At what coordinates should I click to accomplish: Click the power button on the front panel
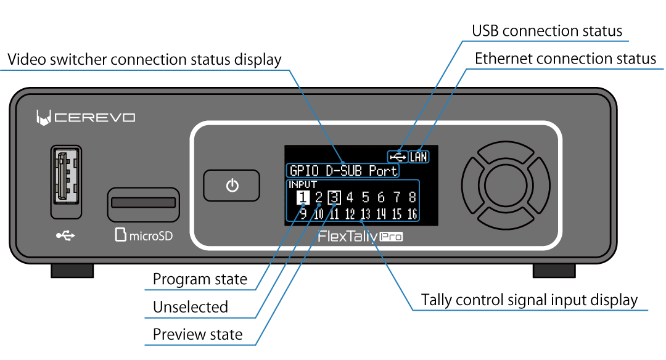coord(232,186)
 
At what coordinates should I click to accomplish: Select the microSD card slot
coord(143,203)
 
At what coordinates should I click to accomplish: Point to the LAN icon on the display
coord(419,157)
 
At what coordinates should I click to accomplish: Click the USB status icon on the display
coord(398,157)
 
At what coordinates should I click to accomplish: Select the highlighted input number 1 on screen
coord(302,197)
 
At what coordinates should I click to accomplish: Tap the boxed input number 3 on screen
coord(334,197)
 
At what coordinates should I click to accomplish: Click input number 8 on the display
coord(412,197)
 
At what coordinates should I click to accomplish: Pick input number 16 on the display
coord(412,215)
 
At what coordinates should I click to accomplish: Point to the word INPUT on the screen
coord(303,184)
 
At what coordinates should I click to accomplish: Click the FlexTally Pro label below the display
coord(360,236)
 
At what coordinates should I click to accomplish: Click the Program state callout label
coord(200,279)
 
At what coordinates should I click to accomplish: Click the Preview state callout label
coord(197,335)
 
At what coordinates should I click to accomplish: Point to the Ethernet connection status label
coord(565,59)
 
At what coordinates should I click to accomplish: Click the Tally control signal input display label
coord(529,300)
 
